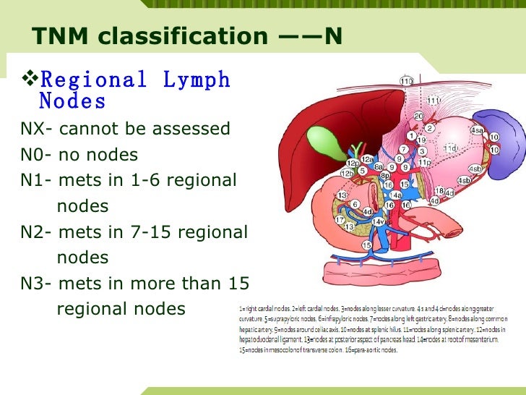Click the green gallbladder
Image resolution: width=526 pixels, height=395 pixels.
[318, 137]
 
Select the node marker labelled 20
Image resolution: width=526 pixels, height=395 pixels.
[418, 116]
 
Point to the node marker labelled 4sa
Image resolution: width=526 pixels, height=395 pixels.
[477, 129]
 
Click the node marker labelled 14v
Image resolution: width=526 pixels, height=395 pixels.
[377, 221]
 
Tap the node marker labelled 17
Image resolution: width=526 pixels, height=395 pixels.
[340, 220]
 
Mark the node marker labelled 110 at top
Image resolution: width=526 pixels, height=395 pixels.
[407, 80]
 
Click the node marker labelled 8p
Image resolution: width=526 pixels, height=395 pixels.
[385, 174]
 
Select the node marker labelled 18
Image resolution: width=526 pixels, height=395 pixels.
[439, 190]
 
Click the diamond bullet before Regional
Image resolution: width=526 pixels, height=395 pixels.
[29, 77]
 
